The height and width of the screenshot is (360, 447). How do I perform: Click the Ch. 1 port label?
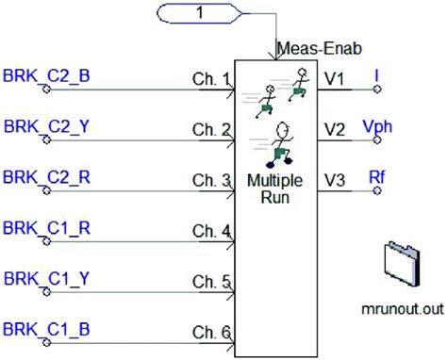coord(211,81)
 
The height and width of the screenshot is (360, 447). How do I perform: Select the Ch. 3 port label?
coord(211,182)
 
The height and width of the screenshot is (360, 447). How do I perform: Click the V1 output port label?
coord(335,80)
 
